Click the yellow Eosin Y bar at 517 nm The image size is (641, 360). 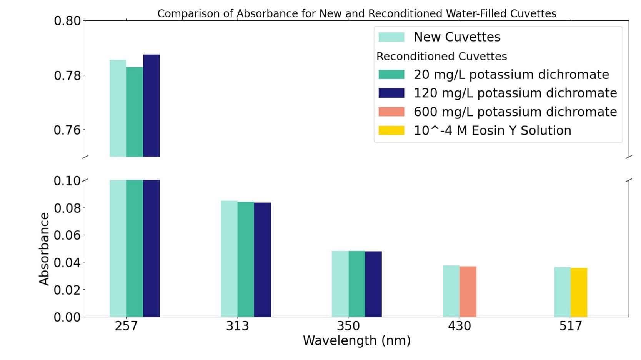pos(579,292)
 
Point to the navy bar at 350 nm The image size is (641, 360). pos(373,284)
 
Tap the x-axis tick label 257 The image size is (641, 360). pos(126,326)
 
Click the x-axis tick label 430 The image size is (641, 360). pos(459,326)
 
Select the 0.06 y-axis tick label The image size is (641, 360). pos(67,235)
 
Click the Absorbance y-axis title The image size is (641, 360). pos(44,249)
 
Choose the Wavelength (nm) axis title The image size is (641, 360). pos(356,341)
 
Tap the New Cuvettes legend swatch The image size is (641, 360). pos(391,37)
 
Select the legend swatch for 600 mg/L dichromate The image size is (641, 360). pos(391,112)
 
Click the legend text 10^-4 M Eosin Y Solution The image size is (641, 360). pos(492,131)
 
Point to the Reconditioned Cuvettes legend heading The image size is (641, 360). pos(441,57)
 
